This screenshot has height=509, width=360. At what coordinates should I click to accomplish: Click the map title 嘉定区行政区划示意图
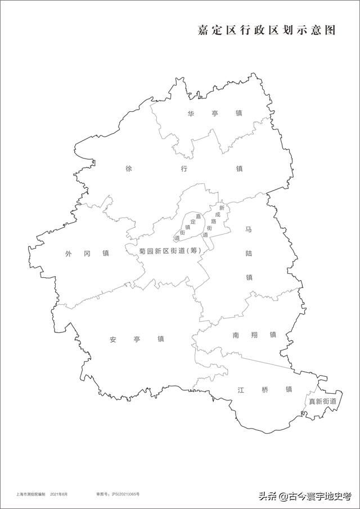point(266,30)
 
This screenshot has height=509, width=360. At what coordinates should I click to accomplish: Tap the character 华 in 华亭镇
point(191,114)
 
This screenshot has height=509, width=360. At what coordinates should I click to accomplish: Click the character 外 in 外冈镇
point(69,254)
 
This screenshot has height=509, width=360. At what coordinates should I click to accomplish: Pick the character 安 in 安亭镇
point(113,339)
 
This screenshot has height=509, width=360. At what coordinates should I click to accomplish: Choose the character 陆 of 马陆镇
point(248,254)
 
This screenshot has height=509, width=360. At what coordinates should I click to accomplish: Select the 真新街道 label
point(322,402)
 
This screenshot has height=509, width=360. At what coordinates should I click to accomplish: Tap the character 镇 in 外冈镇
point(105,254)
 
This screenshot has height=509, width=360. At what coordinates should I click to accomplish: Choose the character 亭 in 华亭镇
point(215,114)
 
